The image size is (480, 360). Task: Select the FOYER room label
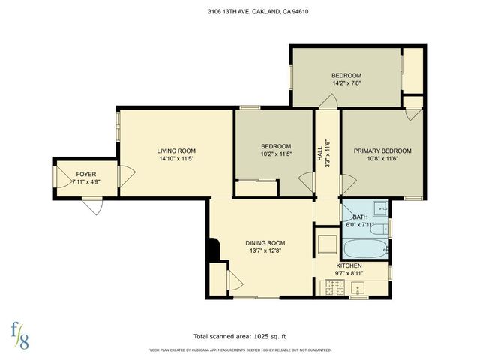[x=85, y=173]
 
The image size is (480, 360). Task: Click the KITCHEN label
[x=349, y=265]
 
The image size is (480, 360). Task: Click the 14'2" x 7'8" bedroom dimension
[x=346, y=84]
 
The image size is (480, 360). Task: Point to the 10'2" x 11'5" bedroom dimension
[x=275, y=155]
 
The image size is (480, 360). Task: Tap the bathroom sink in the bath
[x=380, y=208]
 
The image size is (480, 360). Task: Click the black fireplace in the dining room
[x=214, y=250]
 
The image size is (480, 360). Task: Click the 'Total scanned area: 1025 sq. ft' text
[x=240, y=335]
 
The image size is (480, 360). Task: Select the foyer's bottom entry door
[x=94, y=204]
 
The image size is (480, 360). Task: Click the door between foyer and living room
[x=124, y=177]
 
